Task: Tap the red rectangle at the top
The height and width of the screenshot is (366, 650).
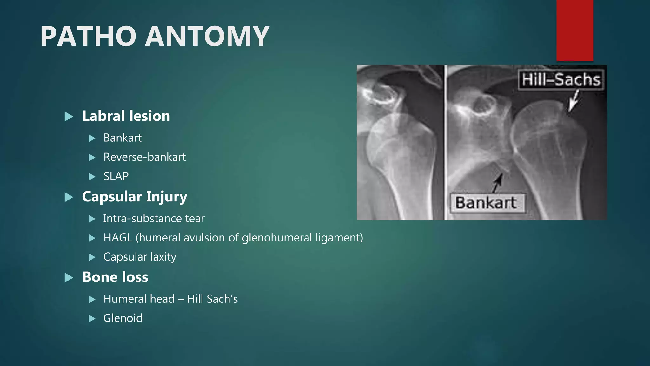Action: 574,30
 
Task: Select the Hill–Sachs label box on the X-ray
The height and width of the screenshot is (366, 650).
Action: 561,80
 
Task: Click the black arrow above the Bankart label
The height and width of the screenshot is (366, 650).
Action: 497,183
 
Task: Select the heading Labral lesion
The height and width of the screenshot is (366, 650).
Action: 126,116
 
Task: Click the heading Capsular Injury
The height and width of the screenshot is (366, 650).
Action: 135,197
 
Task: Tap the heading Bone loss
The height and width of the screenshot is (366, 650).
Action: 115,277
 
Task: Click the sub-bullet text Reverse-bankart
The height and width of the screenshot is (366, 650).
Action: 144,157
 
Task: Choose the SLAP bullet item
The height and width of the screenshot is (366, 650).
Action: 116,176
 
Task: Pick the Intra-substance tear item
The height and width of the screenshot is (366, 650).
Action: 154,219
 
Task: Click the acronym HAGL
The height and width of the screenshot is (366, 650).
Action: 118,238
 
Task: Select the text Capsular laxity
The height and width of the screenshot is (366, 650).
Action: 140,257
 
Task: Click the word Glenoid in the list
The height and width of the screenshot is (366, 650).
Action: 123,318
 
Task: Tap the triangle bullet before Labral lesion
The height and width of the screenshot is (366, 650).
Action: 69,117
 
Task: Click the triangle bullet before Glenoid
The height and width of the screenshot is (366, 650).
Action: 92,318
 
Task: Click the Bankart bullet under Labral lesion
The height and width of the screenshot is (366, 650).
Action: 123,138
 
